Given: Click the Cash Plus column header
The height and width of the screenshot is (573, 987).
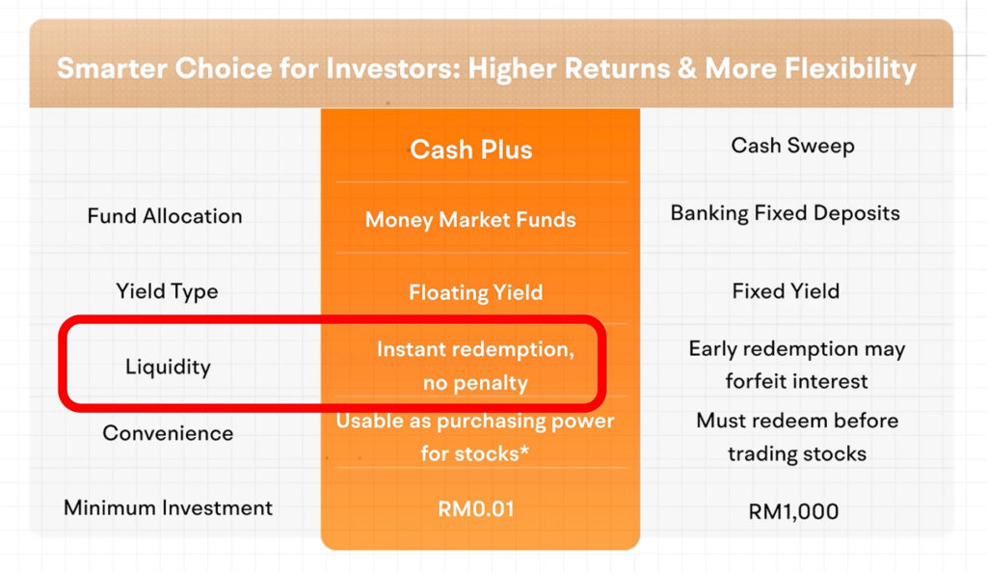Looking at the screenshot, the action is pos(470,150).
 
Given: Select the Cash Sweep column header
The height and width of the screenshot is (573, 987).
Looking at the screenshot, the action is pos(792,146).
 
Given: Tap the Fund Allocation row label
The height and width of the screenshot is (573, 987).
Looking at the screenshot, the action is pos(165,216).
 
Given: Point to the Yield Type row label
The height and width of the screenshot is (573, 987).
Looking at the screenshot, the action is pos(167,291).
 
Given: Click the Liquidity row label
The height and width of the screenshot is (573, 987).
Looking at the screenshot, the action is pos(168,367).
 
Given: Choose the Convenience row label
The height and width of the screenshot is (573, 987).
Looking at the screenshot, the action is pos(168,433).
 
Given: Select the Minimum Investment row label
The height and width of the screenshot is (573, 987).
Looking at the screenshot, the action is pos(168,507).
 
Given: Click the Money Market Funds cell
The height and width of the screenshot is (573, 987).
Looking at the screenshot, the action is pos(470,220).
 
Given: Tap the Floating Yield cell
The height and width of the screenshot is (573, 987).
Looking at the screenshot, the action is pos(475,292).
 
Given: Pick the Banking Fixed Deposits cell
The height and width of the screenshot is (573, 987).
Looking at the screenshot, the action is pos(785,213).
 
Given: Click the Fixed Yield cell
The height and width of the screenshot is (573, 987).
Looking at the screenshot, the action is pos(786,291).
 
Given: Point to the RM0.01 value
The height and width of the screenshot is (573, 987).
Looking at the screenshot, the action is pos(476,508).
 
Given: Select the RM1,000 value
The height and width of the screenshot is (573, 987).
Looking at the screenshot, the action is pos(793,511).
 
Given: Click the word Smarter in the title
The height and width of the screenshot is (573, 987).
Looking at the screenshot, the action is pos(110,68).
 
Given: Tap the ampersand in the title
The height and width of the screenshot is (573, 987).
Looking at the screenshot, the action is pos(687,68).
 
